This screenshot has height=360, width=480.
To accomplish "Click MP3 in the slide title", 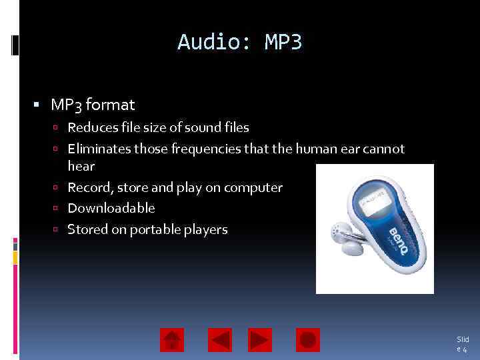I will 283,43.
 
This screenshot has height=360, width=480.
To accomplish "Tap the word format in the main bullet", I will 110,105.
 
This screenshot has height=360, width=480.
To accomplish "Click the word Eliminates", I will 99,149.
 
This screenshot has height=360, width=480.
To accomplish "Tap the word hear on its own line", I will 81,166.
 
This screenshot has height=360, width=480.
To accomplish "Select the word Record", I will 89,187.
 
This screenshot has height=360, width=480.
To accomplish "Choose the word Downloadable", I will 111,208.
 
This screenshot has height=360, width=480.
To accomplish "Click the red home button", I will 171,340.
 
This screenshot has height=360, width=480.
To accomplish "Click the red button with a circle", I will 307,340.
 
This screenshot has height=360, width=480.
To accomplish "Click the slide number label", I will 462,344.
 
